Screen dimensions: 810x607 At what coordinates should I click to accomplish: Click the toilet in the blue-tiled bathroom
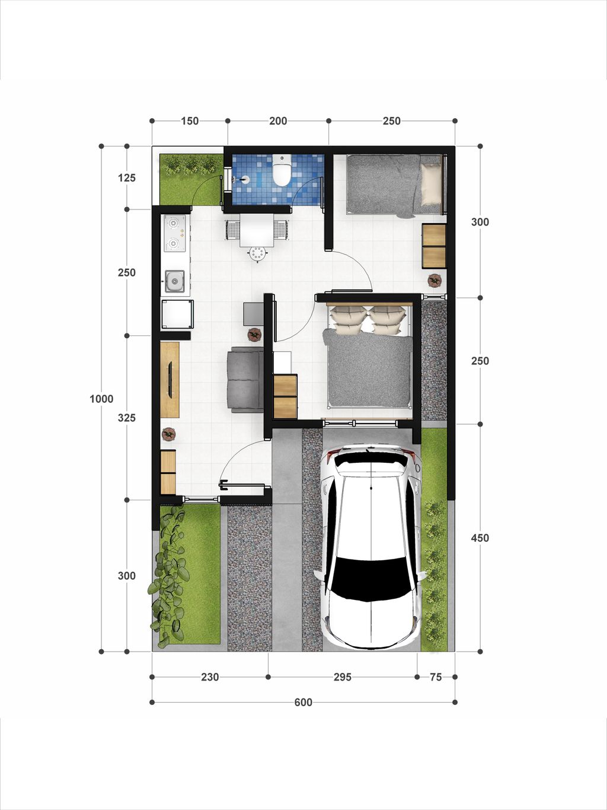tap(281, 171)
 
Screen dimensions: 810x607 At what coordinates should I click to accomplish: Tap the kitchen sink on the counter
tap(174, 281)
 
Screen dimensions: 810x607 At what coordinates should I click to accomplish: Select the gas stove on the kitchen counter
tap(174, 233)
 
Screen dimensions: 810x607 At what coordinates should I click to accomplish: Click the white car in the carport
tap(370, 546)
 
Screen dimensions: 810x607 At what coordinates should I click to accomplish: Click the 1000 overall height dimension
tap(101, 399)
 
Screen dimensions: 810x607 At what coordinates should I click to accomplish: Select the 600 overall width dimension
tap(303, 703)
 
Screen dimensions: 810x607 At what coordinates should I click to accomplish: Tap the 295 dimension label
tap(343, 677)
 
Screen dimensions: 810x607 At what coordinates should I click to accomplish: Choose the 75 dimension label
tap(436, 677)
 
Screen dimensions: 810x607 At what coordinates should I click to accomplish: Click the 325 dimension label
tap(126, 418)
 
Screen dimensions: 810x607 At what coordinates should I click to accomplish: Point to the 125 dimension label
tap(126, 178)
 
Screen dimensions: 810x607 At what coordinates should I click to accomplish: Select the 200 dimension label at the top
tap(278, 121)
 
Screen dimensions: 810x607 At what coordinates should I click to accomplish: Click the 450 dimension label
tap(480, 538)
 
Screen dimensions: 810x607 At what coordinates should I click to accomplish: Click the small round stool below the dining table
tap(257, 254)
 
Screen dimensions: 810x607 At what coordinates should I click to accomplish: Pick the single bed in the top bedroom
tap(394, 185)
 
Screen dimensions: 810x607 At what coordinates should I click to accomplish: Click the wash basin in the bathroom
tap(243, 179)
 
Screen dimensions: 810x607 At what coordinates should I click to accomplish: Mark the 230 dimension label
tap(210, 677)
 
